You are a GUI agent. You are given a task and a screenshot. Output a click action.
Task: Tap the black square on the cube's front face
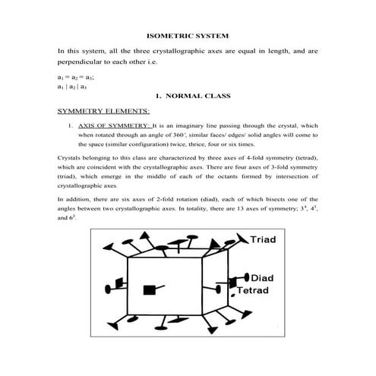click(147, 290)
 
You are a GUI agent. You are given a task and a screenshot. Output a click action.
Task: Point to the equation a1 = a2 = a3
click(75, 77)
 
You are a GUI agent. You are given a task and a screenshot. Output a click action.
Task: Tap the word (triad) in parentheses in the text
click(70, 176)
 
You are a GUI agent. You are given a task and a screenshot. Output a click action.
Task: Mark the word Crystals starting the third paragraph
click(70, 157)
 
